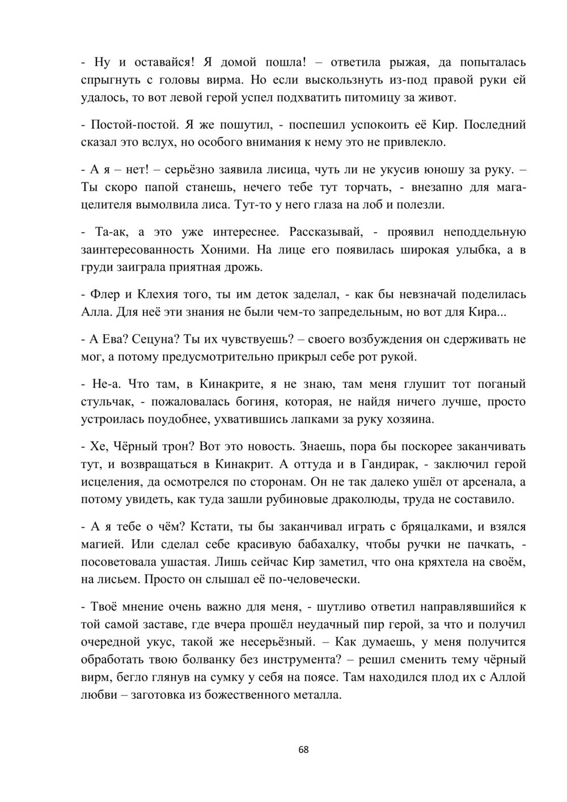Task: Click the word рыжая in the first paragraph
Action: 411,62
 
